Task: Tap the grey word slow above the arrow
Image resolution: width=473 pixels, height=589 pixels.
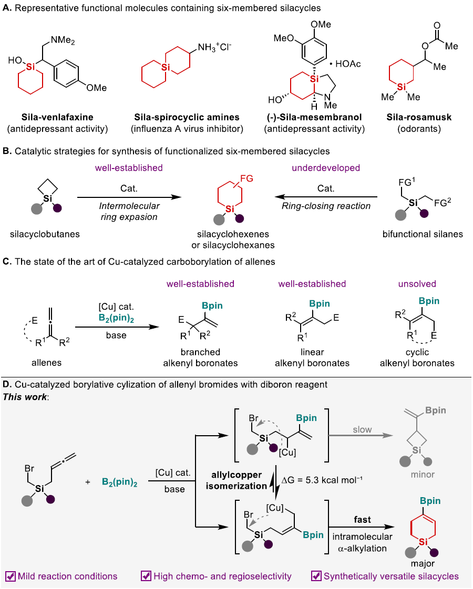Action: tap(362, 429)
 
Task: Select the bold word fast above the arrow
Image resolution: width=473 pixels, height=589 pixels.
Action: tap(362, 520)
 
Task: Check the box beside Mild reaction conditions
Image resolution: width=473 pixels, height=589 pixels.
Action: tap(11, 576)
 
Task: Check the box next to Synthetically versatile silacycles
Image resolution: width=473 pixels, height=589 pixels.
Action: tap(316, 576)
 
